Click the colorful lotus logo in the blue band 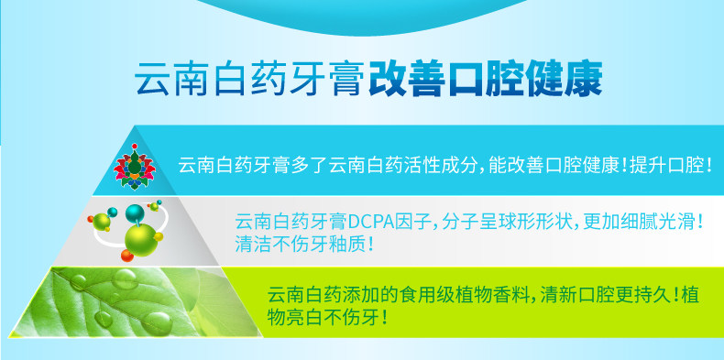click(x=135, y=167)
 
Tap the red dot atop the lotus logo click(x=135, y=147)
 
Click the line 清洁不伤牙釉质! click(x=304, y=245)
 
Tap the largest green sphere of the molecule click(x=141, y=239)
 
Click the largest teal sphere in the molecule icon click(x=135, y=213)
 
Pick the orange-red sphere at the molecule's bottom click(x=127, y=255)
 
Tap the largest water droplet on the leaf click(x=157, y=322)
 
